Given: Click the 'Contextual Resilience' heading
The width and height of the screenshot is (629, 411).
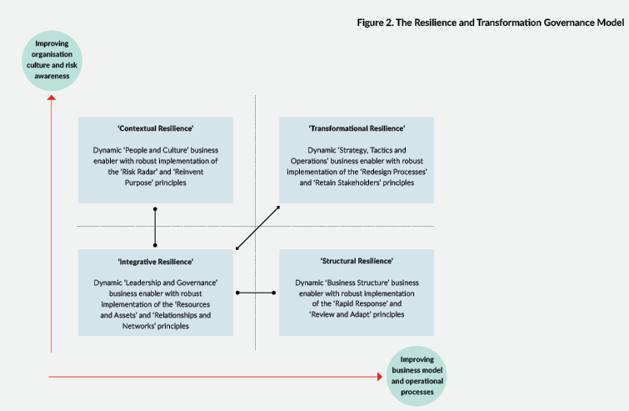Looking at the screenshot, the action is coord(156,128).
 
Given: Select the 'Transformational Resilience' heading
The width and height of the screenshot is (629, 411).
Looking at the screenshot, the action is coord(357,128).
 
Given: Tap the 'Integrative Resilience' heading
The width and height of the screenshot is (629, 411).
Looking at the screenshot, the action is coord(156,262).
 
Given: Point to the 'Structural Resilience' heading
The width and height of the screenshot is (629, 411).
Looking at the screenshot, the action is coord(357,261).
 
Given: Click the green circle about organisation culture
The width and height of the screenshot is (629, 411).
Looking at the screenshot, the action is coord(52,60).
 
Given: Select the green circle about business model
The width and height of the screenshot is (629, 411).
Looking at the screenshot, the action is coord(417,376).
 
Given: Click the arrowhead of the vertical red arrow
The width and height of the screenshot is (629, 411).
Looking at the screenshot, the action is coord(52,98).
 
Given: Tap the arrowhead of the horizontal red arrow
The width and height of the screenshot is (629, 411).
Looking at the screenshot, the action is coord(380,377).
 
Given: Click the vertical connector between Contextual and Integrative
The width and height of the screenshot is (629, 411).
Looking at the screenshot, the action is coord(155,227).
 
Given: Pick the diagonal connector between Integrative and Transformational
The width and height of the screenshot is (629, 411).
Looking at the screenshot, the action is coord(257,228).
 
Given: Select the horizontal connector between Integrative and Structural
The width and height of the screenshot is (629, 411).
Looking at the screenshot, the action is coord(256,293).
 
